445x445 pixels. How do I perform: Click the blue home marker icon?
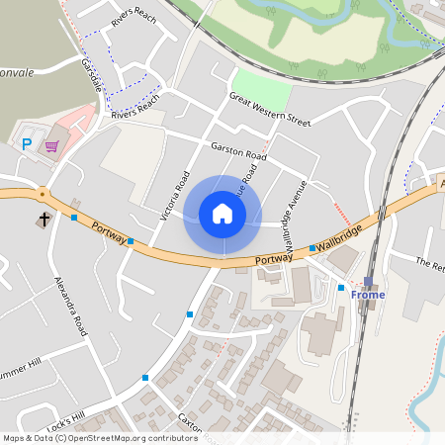coord(222,214)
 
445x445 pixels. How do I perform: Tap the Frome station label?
coord(366,295)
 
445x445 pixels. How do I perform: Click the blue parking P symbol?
coord(27,144)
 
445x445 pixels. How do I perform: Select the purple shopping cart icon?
coord(51,146)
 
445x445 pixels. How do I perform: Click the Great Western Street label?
coord(269,110)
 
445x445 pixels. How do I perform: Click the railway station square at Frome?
coord(368,282)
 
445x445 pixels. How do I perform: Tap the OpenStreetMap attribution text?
coord(99,437)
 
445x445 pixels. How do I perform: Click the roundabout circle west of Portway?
coord(43,194)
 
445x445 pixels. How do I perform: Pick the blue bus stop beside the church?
coord(74,218)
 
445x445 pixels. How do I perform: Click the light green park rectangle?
coord(263,92)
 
